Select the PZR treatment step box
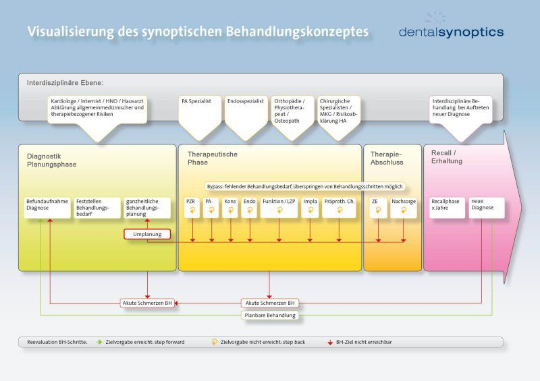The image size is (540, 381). click(192, 207)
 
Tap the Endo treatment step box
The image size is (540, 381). click(250, 207)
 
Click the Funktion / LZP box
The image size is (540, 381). click(279, 207)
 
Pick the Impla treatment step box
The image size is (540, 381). click(310, 207)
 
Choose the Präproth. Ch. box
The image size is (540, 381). click(340, 207)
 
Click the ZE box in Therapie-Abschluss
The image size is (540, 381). click(378, 207)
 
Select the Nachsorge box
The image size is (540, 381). click(404, 207)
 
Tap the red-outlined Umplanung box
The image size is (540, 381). click(146, 235)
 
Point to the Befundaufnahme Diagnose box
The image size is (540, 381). click(47, 207)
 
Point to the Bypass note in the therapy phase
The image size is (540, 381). click(304, 186)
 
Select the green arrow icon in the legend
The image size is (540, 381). click(99, 342)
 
